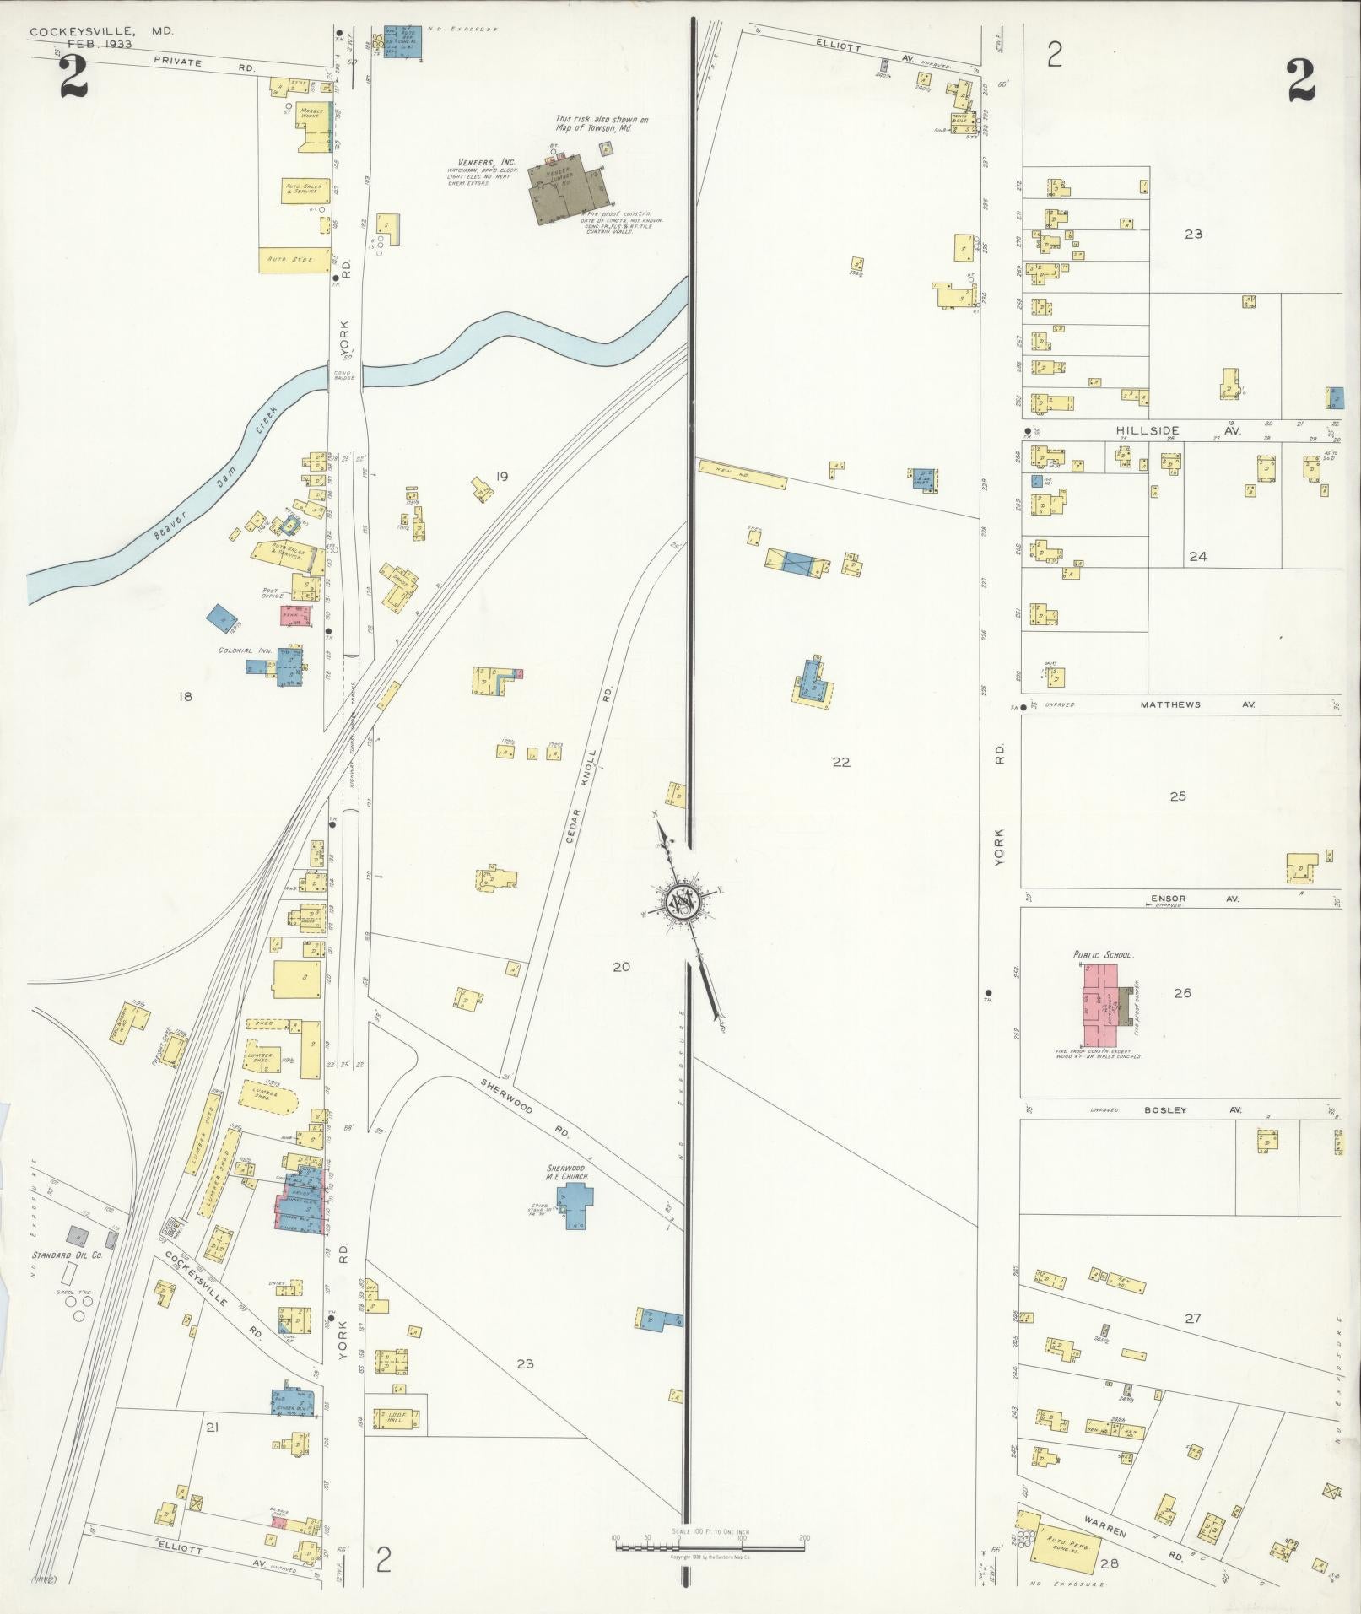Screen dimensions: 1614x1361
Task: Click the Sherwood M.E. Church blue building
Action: (x=577, y=1205)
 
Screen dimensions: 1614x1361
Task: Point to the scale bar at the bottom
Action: (x=709, y=1547)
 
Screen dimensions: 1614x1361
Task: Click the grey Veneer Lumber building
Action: (x=560, y=191)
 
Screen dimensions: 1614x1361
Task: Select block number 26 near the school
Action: (x=1182, y=993)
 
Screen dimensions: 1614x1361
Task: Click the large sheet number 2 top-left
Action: (x=73, y=81)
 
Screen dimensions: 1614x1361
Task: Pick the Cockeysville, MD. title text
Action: (x=101, y=31)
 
